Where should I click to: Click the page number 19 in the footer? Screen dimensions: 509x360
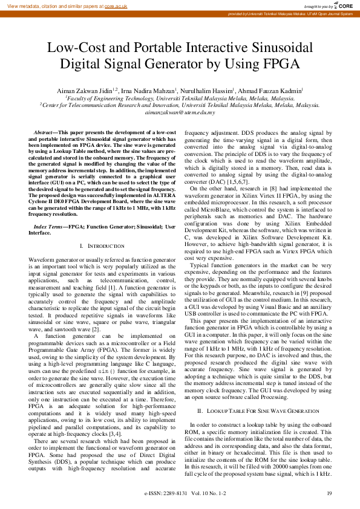point(329,494)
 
